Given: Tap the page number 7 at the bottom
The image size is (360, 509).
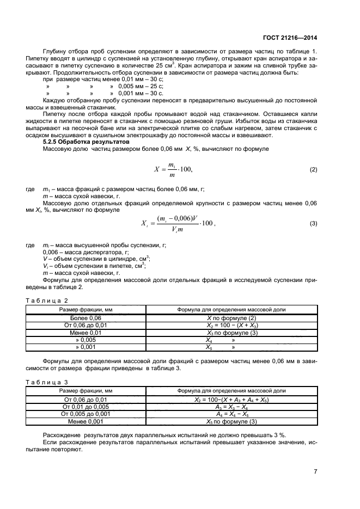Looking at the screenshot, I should click(315, 471).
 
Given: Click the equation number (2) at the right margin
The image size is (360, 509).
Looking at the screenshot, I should click(313, 170).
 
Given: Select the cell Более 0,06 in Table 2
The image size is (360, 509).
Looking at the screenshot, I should click(86, 318).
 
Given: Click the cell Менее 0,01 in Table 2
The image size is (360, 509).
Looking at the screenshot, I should click(86, 332).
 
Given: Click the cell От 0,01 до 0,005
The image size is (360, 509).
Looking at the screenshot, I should click(86, 407).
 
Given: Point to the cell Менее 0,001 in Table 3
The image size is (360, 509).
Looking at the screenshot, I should click(86, 421).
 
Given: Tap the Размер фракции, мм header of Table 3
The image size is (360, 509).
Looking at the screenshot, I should click(86, 391).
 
